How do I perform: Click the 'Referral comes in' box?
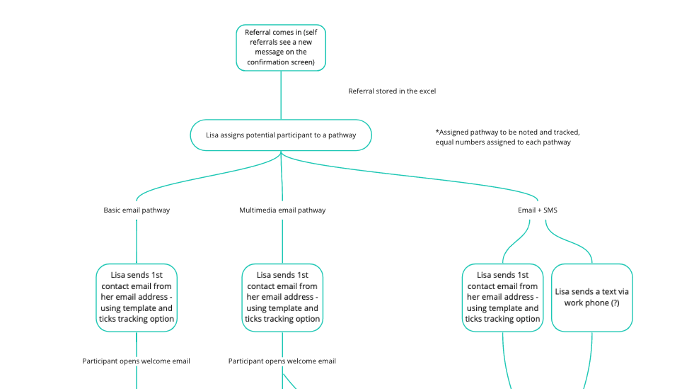[x=281, y=47]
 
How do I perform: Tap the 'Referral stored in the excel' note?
[x=392, y=91]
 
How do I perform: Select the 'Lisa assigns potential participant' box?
[x=281, y=135]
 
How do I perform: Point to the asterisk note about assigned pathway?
[x=508, y=137]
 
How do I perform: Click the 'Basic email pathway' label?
[x=137, y=210]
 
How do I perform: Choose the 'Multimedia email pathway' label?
[x=282, y=210]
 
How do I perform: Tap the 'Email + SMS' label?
[x=538, y=210]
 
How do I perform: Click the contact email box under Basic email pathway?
[x=137, y=298]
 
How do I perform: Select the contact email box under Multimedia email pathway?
[x=282, y=298]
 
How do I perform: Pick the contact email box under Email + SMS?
[x=502, y=298]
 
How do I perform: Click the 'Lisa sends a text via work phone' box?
[x=591, y=298]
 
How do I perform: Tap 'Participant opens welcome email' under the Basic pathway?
[x=137, y=361]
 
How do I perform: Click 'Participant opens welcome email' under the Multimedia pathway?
[x=282, y=361]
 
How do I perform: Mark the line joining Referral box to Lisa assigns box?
[x=281, y=96]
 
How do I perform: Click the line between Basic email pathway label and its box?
[x=137, y=241]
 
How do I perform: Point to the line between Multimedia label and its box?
[x=282, y=241]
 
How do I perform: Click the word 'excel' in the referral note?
[x=427, y=91]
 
